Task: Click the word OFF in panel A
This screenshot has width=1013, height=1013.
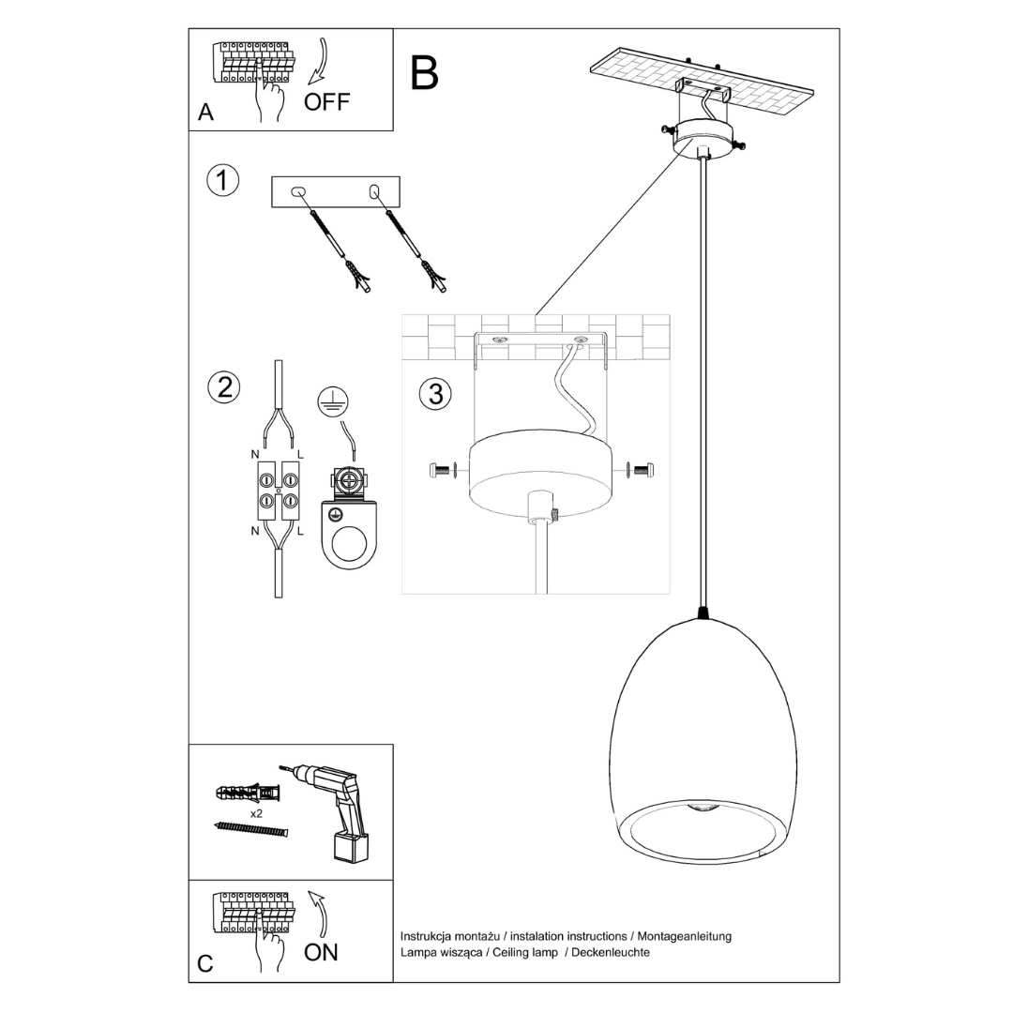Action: [x=326, y=102]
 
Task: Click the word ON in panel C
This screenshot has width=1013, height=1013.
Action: [x=321, y=952]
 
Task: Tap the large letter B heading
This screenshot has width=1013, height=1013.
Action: [x=424, y=73]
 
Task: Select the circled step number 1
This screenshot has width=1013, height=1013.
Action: [x=222, y=180]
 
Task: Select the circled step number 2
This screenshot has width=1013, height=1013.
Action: [x=223, y=386]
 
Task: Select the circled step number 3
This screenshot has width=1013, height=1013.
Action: [x=435, y=394]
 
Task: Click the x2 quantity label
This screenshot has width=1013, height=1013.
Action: [x=256, y=813]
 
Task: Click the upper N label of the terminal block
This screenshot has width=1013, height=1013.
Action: [x=254, y=454]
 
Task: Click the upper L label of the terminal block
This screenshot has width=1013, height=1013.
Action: [x=300, y=454]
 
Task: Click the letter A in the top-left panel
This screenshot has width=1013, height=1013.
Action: [x=206, y=113]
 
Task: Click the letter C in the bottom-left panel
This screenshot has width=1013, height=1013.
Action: [x=205, y=963]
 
